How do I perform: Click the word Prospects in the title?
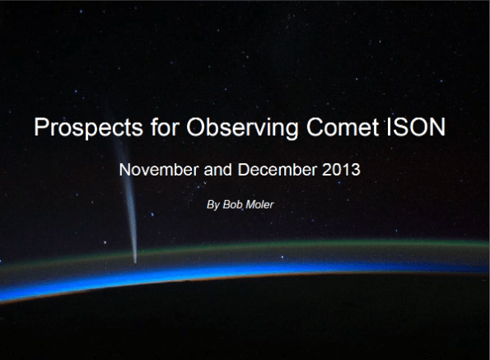(x=84, y=129)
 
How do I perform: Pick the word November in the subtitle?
(x=156, y=171)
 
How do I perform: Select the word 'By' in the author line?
(x=212, y=204)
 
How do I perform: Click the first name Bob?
(x=233, y=203)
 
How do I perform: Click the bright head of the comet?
(x=134, y=259)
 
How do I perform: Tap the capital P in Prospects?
(x=41, y=129)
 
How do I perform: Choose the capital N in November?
(x=125, y=171)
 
